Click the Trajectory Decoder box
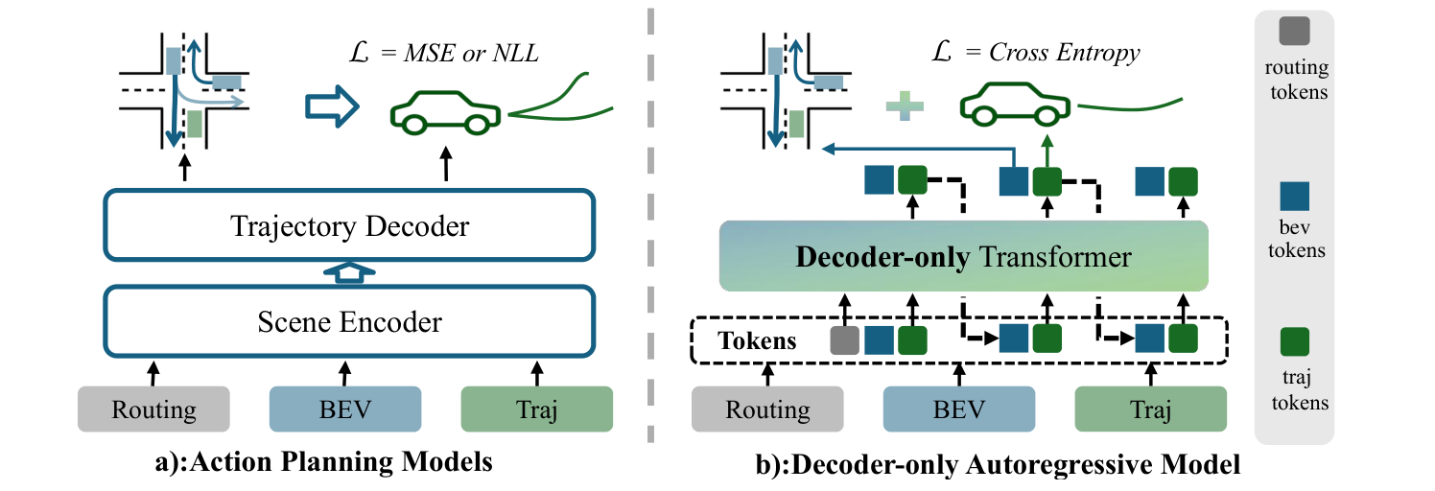(349, 225)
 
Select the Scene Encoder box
(349, 321)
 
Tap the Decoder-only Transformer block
(963, 256)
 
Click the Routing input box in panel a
(153, 409)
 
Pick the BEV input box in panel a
(345, 409)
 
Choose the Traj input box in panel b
(1150, 409)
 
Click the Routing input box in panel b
(767, 409)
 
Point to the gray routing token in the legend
(1294, 31)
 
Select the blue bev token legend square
(1295, 196)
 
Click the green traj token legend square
(1295, 341)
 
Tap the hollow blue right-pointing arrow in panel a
(332, 106)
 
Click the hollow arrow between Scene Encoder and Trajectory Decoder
(349, 272)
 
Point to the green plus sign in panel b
(905, 106)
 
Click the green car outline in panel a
(445, 112)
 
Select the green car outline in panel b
(1015, 104)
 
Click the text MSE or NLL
(471, 53)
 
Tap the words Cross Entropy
(1064, 52)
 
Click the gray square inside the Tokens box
(844, 340)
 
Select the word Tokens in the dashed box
(757, 340)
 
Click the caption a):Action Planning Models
(323, 461)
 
